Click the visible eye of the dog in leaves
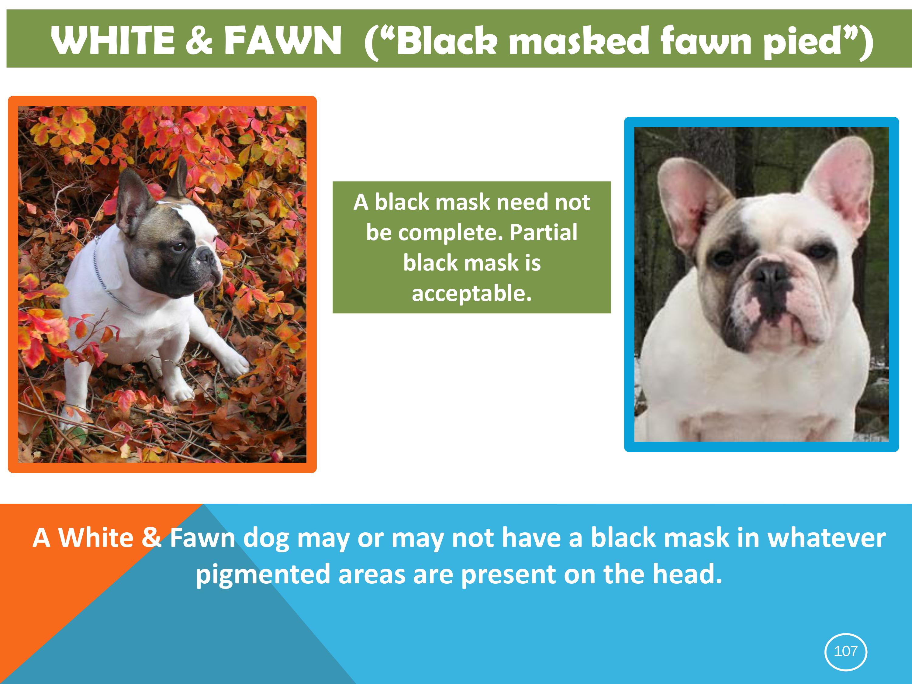[x=179, y=247]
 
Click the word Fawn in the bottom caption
[x=202, y=538]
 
